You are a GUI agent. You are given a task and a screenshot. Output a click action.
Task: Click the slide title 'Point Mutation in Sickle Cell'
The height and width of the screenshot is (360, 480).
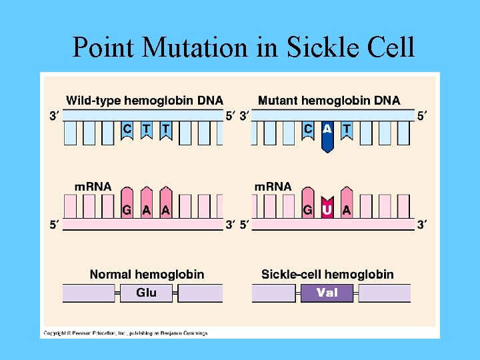point(243,47)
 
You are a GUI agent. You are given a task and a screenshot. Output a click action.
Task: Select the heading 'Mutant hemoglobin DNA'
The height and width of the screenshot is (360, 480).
point(329,101)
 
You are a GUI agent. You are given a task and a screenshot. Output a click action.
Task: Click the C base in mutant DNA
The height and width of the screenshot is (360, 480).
point(308,129)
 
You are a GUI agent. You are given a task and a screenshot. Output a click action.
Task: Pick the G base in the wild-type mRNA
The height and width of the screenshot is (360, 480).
point(127,209)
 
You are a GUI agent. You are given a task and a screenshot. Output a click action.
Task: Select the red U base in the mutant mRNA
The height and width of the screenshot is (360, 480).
point(327,209)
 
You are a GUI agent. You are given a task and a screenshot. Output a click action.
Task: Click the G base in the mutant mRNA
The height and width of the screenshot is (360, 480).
point(308,209)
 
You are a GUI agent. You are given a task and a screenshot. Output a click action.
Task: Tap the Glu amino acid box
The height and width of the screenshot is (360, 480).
point(146,293)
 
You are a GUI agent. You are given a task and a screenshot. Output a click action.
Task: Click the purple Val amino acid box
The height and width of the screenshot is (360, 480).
point(327,293)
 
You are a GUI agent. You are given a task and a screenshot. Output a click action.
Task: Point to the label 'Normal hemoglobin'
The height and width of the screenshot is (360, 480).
point(147,274)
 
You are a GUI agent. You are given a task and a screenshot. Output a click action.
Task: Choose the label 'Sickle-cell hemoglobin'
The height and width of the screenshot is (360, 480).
point(327,274)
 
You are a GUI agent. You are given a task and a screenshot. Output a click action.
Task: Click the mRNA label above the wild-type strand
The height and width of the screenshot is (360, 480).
point(93,187)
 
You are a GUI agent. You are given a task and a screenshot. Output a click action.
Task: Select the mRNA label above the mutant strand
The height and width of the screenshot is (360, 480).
point(273,187)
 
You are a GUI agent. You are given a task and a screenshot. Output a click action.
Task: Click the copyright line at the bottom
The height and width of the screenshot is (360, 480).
point(126,333)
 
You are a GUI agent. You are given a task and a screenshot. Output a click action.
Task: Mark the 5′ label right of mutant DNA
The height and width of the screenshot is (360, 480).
point(423,115)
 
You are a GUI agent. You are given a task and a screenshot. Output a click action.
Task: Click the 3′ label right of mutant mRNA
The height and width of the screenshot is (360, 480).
point(423,225)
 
